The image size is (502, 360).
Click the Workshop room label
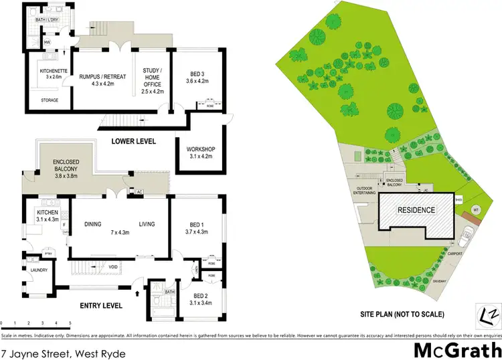click(x=197, y=151)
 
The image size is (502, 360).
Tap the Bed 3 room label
click(x=197, y=78)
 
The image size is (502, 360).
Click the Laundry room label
click(x=38, y=271)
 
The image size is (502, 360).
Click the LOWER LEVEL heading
click(x=134, y=141)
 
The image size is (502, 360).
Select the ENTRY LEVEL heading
click(x=101, y=306)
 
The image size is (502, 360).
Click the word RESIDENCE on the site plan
click(x=418, y=210)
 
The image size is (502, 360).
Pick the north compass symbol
click(x=492, y=312)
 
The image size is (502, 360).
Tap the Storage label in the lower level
click(x=50, y=100)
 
